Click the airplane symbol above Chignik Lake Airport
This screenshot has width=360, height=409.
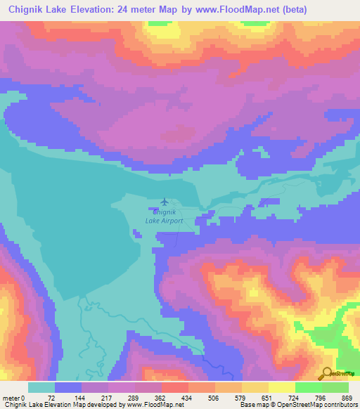[165, 202]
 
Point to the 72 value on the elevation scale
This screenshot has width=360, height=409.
[50, 398]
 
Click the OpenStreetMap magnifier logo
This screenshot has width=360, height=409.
[327, 374]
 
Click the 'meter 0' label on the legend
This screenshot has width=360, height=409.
[15, 398]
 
